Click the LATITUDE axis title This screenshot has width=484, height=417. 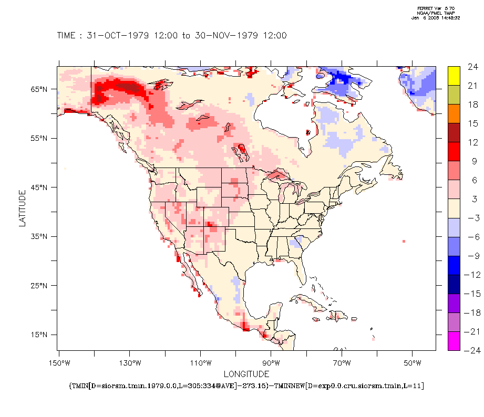22,208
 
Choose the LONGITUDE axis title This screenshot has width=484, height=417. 246,374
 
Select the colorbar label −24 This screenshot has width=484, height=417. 470,351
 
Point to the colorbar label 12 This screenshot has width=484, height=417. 472,142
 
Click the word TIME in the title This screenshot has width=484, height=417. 66,36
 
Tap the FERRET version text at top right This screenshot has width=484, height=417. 436,8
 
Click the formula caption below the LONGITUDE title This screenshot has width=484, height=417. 246,386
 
